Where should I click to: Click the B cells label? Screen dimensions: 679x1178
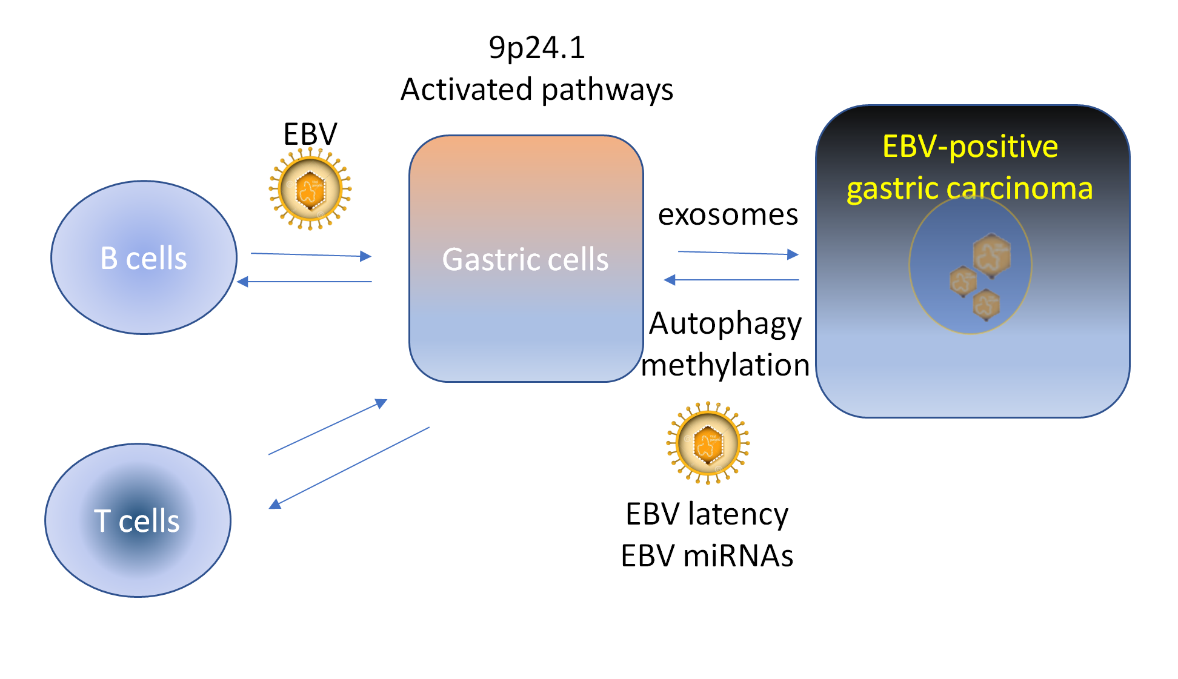[144, 259]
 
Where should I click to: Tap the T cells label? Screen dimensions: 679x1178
[137, 521]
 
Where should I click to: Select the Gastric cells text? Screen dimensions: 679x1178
[525, 260]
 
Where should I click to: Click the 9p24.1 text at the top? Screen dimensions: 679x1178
[537, 48]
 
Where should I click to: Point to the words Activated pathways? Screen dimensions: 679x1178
[537, 90]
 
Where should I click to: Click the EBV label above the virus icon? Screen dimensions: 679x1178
[310, 134]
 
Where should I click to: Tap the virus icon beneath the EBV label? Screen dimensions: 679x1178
[310, 190]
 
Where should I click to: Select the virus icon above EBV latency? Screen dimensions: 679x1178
[708, 443]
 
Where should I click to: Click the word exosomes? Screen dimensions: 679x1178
[728, 214]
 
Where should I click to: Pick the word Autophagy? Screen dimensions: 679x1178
[725, 323]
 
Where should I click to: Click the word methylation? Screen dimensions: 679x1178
[725, 365]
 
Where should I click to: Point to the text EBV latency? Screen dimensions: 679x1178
[707, 514]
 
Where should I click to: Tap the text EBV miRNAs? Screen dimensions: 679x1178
[707, 556]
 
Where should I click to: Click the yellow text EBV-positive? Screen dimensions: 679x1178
[970, 147]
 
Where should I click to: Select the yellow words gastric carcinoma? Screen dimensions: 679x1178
[970, 188]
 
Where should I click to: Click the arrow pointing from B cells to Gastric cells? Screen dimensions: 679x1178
[310, 255]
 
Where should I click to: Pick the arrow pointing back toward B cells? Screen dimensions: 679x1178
[304, 282]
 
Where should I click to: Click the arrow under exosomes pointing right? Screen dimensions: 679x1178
[737, 253]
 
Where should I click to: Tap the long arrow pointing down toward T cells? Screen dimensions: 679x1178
[350, 467]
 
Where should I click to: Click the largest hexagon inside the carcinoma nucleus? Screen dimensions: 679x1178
[991, 255]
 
